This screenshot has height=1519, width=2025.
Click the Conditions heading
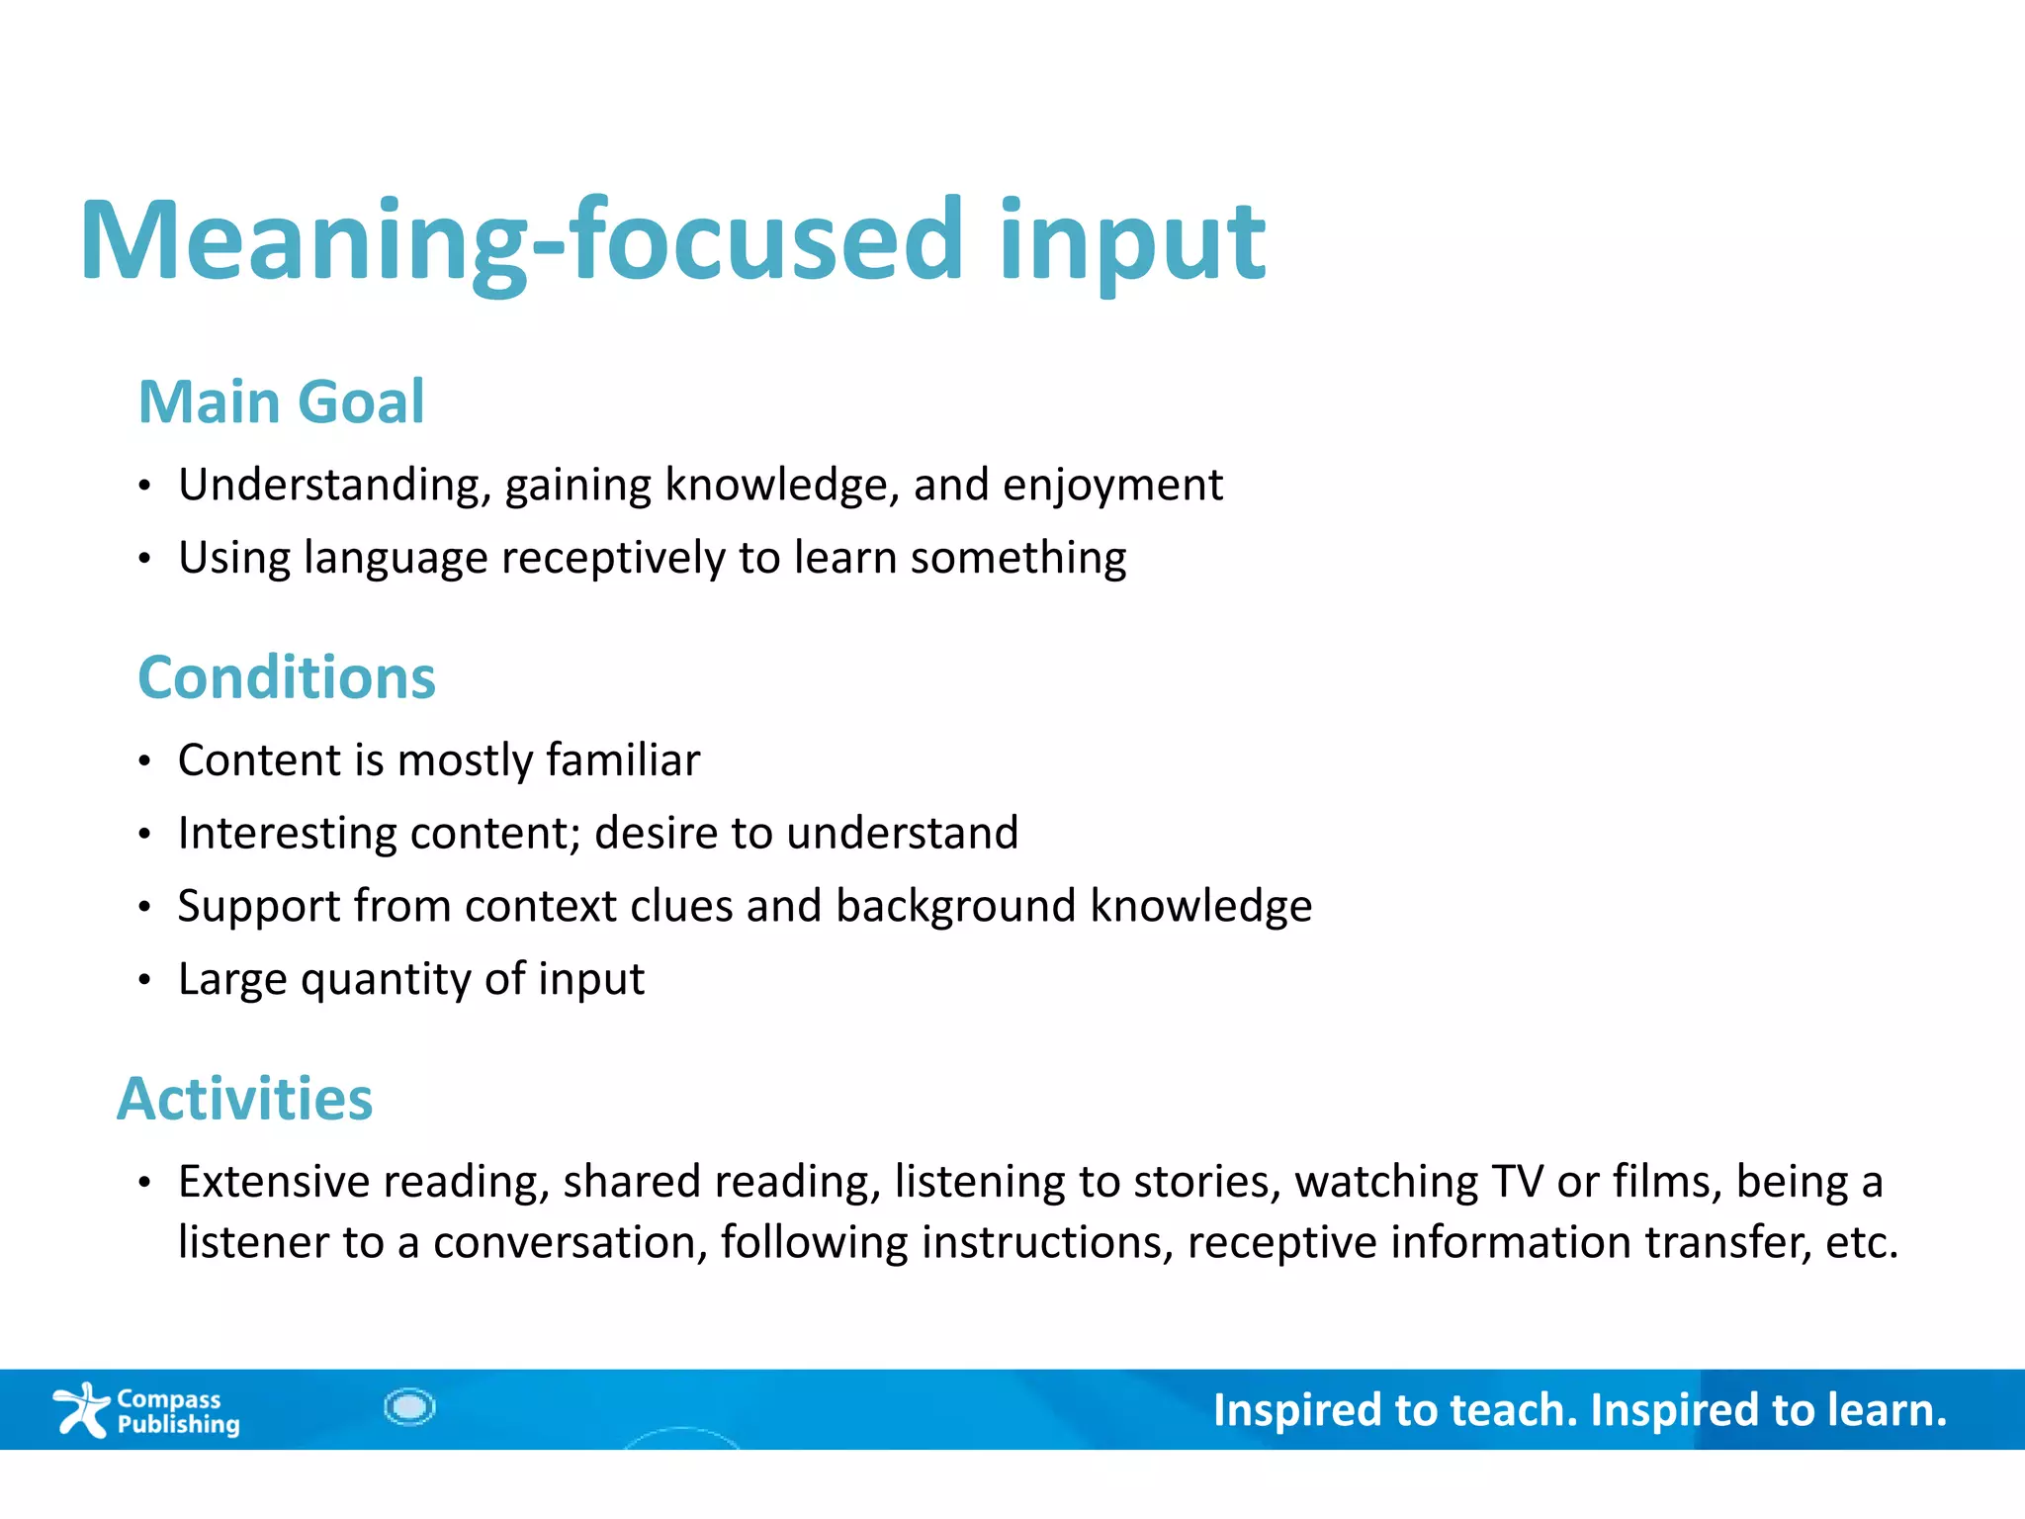287,677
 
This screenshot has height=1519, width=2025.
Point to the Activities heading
245,1099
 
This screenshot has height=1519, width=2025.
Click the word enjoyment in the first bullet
1112,486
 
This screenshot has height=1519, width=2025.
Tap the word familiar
623,760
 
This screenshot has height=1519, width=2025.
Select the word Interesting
287,834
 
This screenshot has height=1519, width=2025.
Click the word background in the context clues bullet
955,907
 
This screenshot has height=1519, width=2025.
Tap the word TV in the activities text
1518,1182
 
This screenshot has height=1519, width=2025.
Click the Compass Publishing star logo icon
81,1409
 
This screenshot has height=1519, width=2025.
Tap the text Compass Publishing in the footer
178,1411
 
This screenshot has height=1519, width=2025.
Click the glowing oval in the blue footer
409,1406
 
